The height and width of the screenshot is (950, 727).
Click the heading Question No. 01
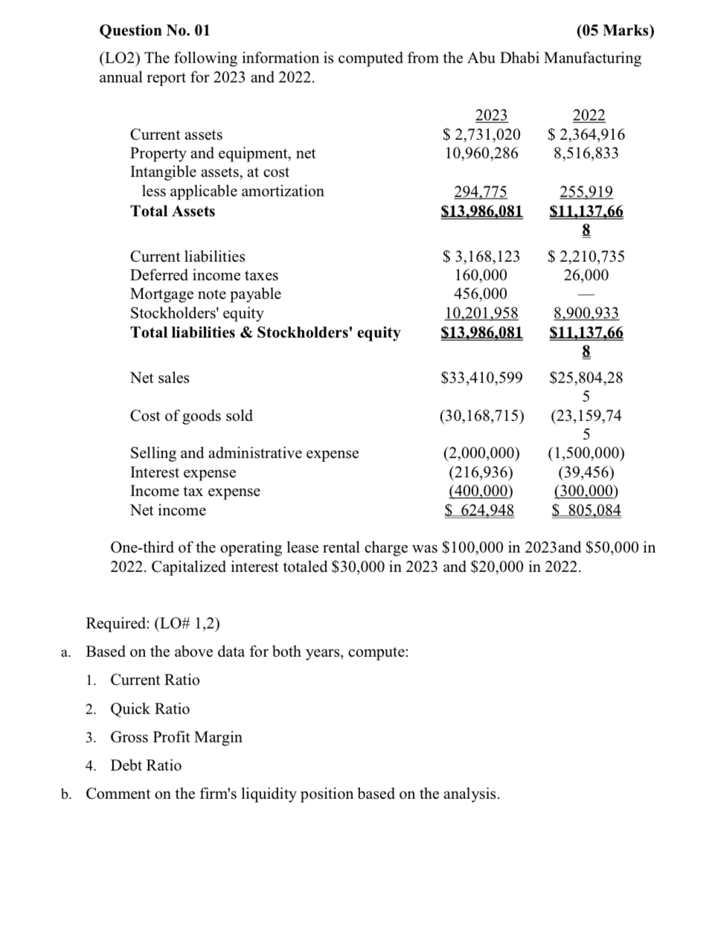(155, 31)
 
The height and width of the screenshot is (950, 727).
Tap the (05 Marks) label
(615, 31)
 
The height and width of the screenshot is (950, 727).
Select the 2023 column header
(491, 115)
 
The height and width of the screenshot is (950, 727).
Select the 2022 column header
(589, 115)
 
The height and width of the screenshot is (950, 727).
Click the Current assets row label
(176, 135)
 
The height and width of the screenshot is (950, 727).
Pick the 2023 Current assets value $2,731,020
(481, 135)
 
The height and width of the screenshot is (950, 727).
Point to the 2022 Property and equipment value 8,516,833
(586, 153)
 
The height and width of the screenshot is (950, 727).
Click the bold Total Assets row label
(173, 211)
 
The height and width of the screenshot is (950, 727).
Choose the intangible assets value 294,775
(481, 192)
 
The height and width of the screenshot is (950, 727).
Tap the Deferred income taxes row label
(204, 275)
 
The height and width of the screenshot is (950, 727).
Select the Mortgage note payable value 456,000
(481, 294)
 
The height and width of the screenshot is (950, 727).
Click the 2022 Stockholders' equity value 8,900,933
(586, 313)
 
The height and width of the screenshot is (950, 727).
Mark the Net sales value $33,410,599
(481, 378)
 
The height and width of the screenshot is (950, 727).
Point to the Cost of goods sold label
(191, 416)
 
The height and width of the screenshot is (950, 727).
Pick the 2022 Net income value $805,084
(586, 510)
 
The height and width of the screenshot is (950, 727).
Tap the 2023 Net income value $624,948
(480, 510)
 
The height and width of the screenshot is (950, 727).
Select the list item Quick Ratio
(150, 709)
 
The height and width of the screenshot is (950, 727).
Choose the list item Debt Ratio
(146, 766)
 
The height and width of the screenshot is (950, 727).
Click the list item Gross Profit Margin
(176, 737)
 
